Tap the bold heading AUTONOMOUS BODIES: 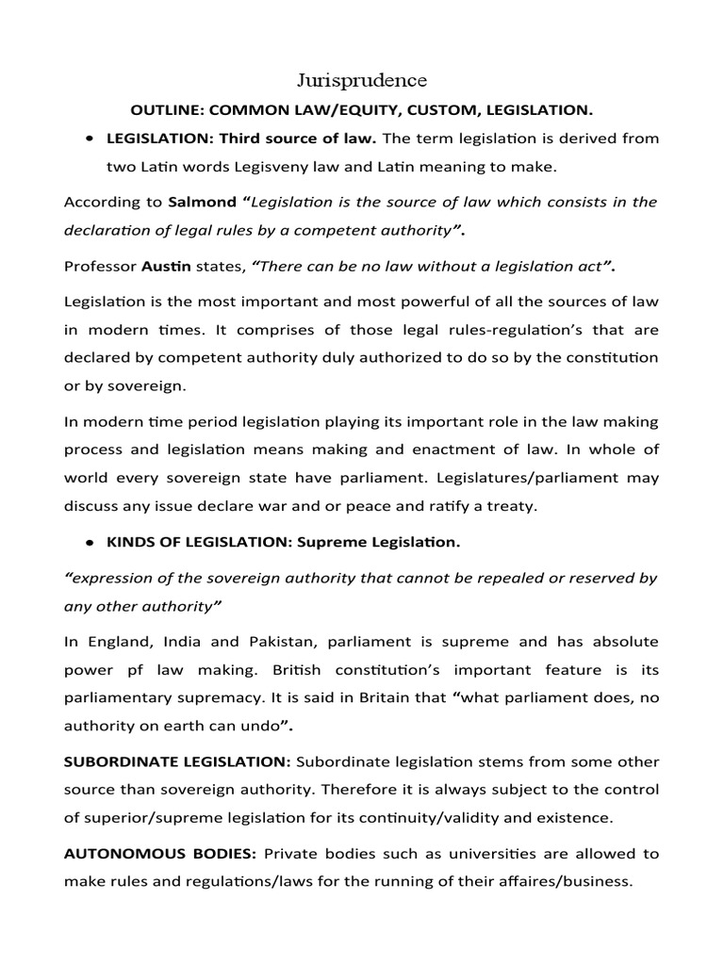tap(159, 855)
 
